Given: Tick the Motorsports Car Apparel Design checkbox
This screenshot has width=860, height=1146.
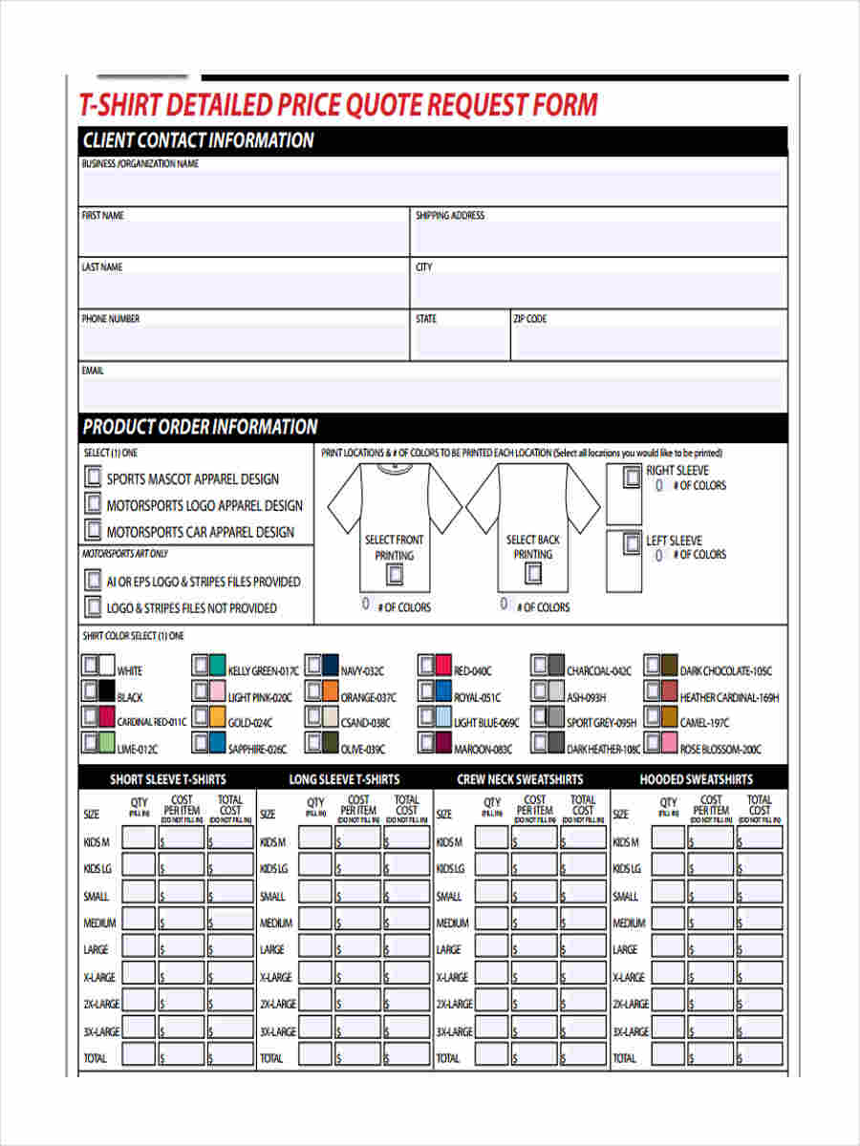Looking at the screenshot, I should [93, 530].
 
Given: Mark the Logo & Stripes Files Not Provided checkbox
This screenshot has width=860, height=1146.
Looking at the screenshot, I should [93, 606].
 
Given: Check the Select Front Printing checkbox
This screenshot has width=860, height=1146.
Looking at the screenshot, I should [394, 574].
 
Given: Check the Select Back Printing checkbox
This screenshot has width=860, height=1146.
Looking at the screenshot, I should [533, 573].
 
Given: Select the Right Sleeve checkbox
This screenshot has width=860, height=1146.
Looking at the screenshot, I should [632, 477].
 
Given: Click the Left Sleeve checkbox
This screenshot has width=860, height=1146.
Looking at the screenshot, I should [632, 544].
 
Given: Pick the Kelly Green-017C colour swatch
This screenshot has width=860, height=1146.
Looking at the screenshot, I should [218, 666].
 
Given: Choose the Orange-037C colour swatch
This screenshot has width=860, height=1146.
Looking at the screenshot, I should [330, 691].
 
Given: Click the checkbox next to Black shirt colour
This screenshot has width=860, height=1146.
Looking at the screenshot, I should [89, 690].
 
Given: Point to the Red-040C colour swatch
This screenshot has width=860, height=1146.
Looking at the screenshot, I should [442, 666].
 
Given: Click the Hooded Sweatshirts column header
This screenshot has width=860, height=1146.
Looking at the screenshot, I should [696, 779].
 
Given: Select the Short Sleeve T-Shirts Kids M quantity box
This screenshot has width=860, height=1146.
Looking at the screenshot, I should [139, 838].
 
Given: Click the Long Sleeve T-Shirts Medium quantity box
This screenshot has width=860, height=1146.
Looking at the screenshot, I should [315, 923].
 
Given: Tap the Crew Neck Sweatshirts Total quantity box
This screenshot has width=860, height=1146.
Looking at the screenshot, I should [492, 1056].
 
